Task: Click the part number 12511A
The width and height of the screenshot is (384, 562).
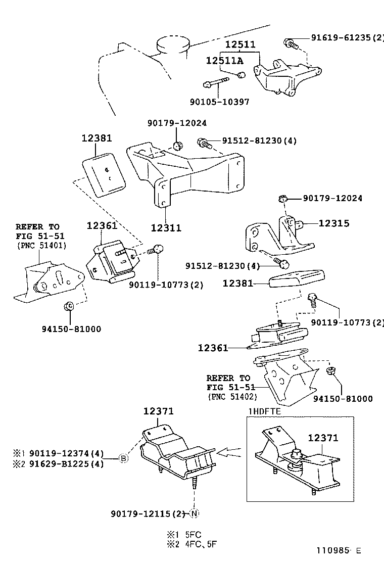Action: tap(224, 61)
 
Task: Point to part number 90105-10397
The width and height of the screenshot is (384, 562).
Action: tap(220, 102)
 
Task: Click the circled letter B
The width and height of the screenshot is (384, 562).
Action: tap(123, 458)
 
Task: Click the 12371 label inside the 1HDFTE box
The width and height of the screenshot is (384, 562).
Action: tap(323, 438)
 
